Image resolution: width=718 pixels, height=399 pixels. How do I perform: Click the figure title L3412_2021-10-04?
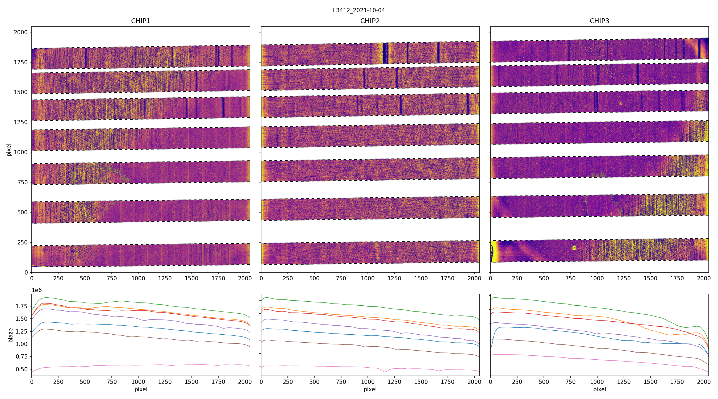coord(359,10)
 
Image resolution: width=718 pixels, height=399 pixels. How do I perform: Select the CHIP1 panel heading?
coord(141,21)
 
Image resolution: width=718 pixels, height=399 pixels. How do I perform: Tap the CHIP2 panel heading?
coord(370,21)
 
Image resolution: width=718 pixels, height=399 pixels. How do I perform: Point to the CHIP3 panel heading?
coord(599,21)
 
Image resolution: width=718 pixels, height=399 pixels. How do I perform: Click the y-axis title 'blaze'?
coord(11,335)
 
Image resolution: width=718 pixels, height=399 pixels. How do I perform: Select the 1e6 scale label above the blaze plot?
coord(37,290)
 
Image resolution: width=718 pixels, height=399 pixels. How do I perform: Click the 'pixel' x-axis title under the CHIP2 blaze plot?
coord(370,389)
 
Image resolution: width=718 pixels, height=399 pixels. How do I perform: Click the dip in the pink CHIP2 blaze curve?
coord(384,372)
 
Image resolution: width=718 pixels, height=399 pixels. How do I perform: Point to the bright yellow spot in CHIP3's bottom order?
coord(574,248)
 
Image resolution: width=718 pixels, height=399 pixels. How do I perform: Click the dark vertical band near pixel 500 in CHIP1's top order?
coord(86,58)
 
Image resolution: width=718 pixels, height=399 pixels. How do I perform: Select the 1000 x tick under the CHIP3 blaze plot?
coord(597,382)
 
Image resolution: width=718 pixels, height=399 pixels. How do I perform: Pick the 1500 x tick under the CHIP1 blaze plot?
coord(191,382)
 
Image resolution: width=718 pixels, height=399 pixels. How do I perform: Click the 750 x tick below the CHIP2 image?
coord(341,278)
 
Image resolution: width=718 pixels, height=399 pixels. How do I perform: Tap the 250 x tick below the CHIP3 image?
coord(517,278)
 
